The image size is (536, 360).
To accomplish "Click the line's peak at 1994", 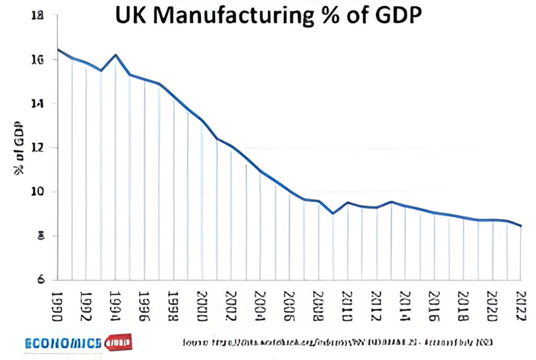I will pyautogui.click(x=116, y=54).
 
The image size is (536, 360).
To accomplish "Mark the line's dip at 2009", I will pyautogui.click(x=332, y=213).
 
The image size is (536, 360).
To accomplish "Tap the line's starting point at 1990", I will pyautogui.click(x=58, y=50).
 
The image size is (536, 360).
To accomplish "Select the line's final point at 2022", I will pyautogui.click(x=520, y=226).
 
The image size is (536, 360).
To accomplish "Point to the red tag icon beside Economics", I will pyautogui.click(x=119, y=343).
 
